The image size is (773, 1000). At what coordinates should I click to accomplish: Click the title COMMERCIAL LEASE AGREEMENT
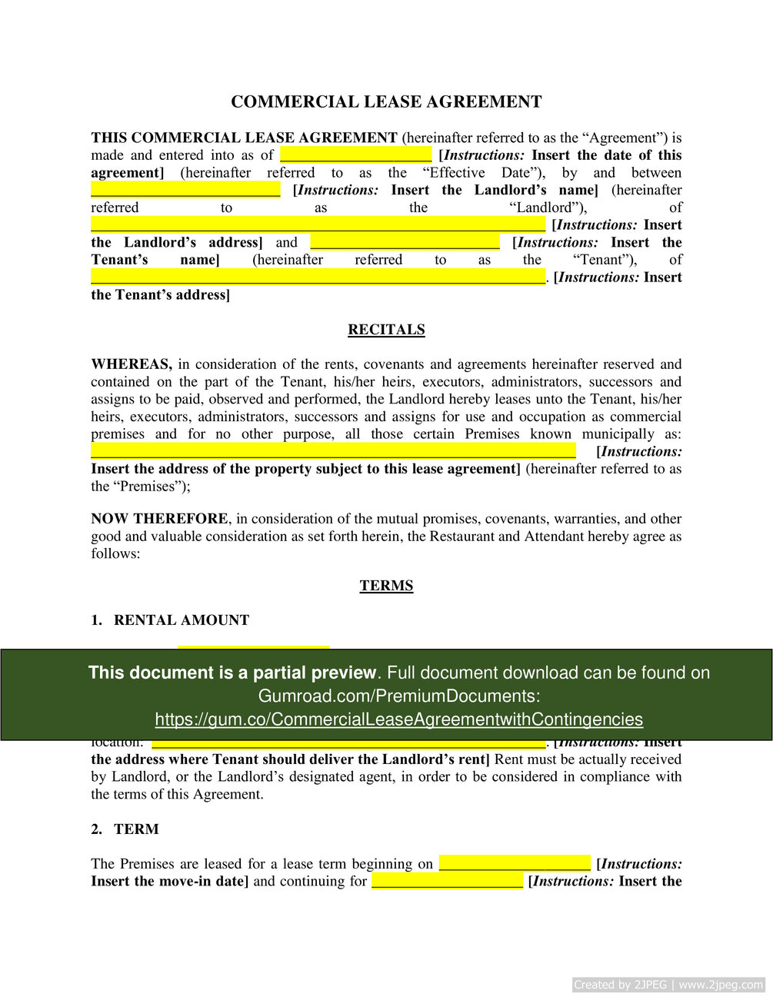(386, 101)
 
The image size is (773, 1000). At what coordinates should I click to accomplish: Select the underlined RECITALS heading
(386, 330)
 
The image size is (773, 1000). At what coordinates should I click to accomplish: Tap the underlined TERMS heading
(386, 586)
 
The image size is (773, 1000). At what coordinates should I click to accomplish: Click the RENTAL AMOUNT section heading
(182, 620)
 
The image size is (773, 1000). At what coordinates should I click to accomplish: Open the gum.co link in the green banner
(398, 719)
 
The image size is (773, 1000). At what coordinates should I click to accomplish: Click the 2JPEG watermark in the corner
(668, 985)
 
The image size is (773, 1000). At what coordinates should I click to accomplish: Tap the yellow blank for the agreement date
(355, 155)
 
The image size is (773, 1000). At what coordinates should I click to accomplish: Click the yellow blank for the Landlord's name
(185, 190)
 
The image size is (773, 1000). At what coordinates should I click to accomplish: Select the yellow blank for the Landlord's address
(318, 224)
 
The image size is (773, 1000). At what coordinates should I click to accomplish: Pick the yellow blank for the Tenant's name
(405, 242)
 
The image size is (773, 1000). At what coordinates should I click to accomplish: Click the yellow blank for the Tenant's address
(318, 277)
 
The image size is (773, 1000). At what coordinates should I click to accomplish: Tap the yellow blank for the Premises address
(333, 451)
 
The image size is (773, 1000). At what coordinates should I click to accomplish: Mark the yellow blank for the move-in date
(515, 864)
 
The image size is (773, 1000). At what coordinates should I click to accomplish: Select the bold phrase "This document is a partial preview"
(232, 673)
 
